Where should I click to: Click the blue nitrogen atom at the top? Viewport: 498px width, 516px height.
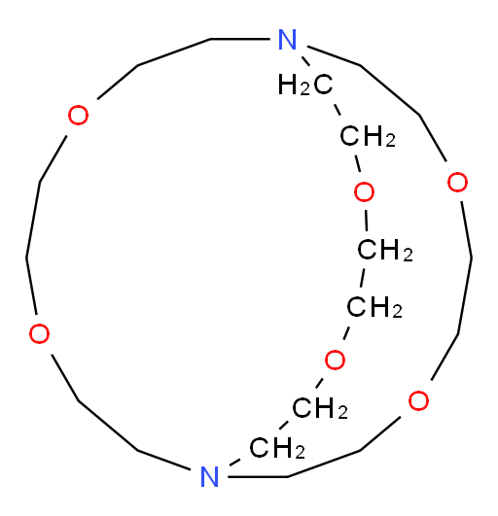click(288, 40)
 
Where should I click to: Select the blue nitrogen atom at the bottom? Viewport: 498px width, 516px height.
click(210, 476)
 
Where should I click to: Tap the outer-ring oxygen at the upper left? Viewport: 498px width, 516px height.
click(78, 116)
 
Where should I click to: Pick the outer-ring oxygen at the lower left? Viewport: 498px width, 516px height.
click(39, 333)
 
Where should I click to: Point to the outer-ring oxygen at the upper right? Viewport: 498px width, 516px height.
click(457, 182)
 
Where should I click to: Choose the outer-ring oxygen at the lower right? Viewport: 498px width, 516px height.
click(418, 400)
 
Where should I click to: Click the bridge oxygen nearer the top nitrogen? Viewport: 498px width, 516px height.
click(364, 191)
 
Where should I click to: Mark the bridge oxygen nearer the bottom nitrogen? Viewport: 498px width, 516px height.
click(335, 360)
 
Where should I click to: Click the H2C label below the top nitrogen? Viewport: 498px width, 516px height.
click(305, 85)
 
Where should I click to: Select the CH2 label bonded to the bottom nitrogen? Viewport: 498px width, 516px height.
click(277, 448)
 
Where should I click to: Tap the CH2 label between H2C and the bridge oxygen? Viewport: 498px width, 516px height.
click(368, 136)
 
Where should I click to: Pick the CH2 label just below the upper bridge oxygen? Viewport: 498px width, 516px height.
click(385, 251)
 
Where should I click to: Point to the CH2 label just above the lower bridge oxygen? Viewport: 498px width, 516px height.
click(374, 307)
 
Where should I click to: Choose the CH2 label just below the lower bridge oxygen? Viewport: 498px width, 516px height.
click(320, 408)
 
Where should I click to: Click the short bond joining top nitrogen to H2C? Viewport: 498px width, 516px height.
click(306, 61)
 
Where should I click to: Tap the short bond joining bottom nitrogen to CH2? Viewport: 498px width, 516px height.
click(234, 462)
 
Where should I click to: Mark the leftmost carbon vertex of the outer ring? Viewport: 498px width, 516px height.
click(26, 258)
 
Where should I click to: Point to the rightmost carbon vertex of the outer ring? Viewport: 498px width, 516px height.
click(471, 258)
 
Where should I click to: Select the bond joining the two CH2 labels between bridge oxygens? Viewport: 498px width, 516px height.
click(362, 278)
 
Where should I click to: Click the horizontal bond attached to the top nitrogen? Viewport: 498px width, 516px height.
click(240, 39)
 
